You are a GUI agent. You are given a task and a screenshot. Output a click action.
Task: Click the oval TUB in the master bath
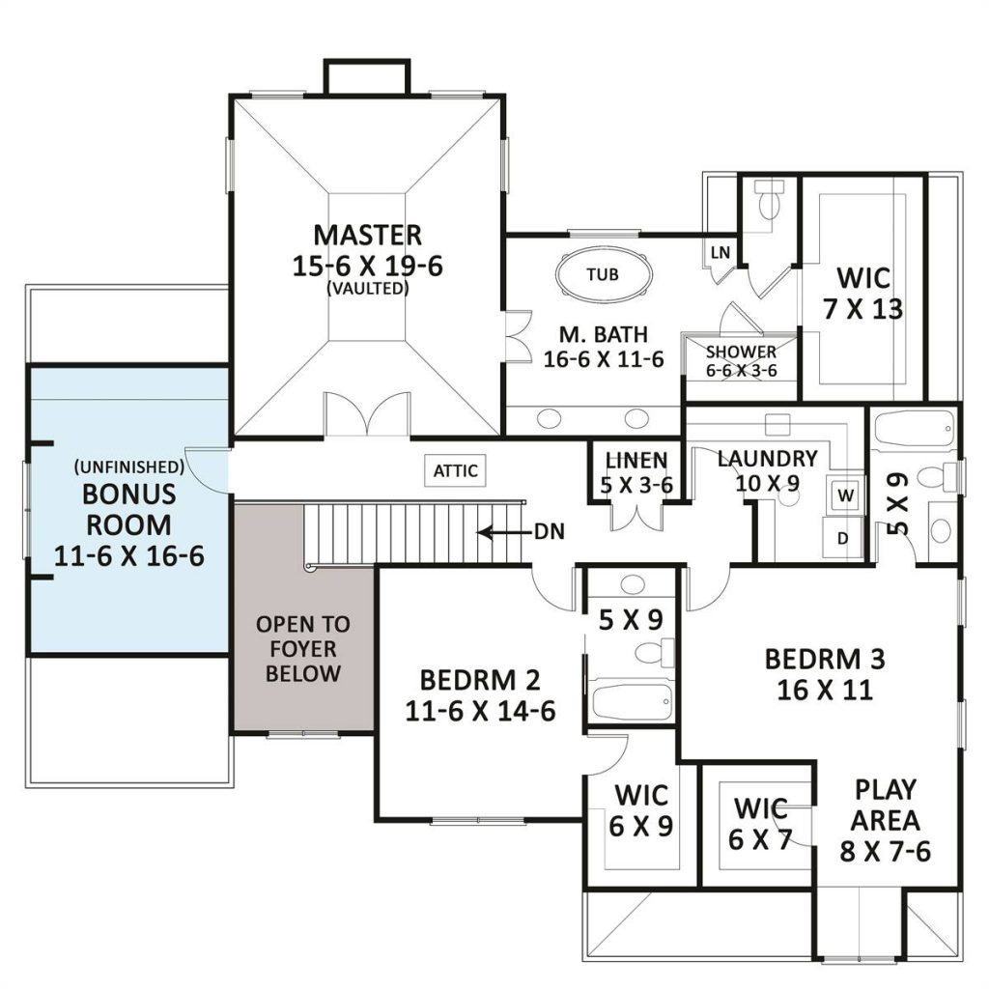coord(604,274)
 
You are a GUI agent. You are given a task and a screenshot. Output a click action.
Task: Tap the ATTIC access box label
coord(456,470)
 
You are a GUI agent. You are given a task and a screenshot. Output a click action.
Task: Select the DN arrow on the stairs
coord(503,533)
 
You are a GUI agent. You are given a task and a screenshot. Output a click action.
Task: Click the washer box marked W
coord(845,495)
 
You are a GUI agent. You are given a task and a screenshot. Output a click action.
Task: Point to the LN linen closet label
coord(721,253)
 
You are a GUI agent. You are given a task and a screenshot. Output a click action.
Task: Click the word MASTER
coord(368,235)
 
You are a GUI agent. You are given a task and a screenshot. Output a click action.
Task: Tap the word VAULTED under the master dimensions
coord(368,288)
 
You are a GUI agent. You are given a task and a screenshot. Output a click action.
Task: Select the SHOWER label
coord(741,352)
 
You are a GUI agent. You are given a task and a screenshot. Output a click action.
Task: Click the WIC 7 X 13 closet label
coord(863,294)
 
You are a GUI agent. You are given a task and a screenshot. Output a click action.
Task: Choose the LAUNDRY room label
coord(768,459)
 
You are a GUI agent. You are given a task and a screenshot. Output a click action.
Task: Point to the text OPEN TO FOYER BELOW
coord(302,649)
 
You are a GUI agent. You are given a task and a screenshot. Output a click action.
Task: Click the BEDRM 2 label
coord(480,681)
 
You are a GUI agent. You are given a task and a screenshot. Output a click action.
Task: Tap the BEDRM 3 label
coord(825,659)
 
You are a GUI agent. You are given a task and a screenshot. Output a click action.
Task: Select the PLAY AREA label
coord(885,805)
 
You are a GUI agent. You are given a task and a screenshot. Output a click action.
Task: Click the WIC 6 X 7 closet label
coord(760,824)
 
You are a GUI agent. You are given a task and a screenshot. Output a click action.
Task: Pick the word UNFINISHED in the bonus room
coord(129,466)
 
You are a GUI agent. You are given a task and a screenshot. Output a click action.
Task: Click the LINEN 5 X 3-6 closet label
coord(636,472)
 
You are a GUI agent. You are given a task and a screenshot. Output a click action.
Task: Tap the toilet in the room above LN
coord(769,198)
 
